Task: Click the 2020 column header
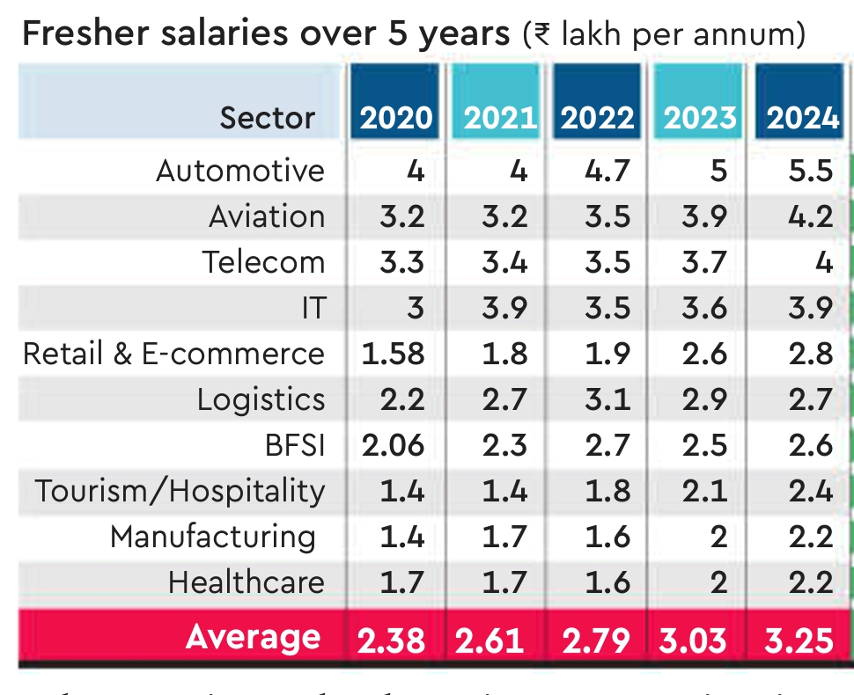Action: pos(396,118)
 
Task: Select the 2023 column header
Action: pos(700,118)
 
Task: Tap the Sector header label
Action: pos(267,118)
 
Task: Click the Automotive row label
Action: pos(240,171)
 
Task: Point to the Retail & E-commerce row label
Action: pos(173,354)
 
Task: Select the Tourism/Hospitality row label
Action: pos(180,491)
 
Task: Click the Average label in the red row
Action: pos(254,637)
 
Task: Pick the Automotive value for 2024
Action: pos(810,171)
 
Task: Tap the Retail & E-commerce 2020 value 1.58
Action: pos(393,354)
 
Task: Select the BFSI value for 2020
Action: pos(393,445)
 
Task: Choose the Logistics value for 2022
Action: pos(607,399)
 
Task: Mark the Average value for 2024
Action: pos(799,640)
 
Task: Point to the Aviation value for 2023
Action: pos(704,216)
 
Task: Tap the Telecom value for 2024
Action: pos(823,262)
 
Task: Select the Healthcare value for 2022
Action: pos(607,582)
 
